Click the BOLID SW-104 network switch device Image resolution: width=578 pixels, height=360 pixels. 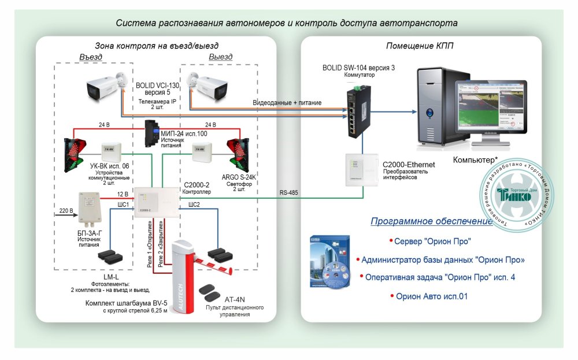click(356, 111)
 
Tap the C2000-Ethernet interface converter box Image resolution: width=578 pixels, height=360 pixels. click(361, 170)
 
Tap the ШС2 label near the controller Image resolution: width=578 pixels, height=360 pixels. click(194, 205)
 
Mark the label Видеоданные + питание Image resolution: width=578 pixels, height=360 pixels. click(287, 102)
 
